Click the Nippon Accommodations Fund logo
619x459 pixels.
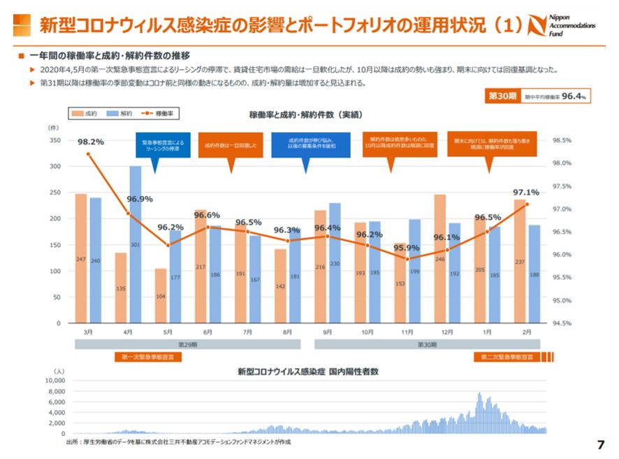click(x=571, y=24)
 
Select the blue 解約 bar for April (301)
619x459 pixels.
click(x=135, y=244)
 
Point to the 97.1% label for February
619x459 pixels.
click(x=526, y=192)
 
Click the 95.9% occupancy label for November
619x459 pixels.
click(x=406, y=248)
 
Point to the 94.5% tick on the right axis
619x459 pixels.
click(x=562, y=324)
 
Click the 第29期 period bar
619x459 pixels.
click(x=188, y=344)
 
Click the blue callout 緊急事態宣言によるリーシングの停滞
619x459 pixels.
click(x=161, y=146)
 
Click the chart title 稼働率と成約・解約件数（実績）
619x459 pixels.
click(x=305, y=114)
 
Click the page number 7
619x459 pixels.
click(x=600, y=444)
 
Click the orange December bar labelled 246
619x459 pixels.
click(x=439, y=258)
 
